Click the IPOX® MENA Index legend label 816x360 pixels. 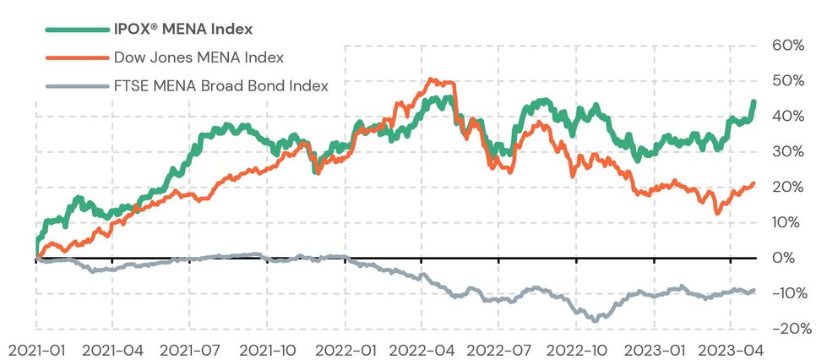click(x=183, y=30)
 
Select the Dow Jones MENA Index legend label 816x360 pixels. click(x=198, y=57)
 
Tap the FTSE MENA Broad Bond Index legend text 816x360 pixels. click(x=220, y=85)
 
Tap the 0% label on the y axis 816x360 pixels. click(x=789, y=258)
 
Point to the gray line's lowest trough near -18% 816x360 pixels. click(x=595, y=320)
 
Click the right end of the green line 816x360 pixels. click(x=753, y=102)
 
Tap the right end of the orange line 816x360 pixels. click(x=753, y=183)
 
